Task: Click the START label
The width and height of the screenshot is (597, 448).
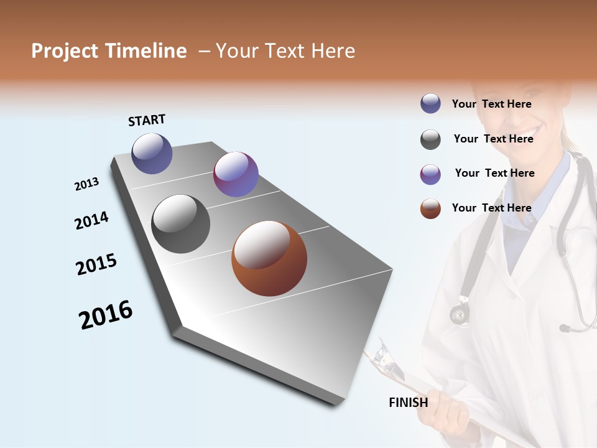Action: tap(147, 120)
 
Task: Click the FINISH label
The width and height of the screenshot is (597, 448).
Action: tap(409, 403)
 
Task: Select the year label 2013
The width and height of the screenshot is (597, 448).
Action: tap(86, 184)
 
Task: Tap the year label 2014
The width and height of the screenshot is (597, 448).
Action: tap(91, 221)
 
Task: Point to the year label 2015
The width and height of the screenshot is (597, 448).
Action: tap(96, 264)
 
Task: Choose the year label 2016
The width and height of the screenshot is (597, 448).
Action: tap(106, 315)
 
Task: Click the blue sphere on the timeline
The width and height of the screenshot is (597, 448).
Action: tap(152, 154)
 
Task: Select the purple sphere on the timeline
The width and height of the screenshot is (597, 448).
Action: tap(236, 174)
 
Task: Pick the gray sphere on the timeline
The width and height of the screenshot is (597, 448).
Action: tap(180, 224)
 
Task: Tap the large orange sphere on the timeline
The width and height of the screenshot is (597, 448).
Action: tap(269, 259)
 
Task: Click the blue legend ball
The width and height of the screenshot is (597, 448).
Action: tap(430, 104)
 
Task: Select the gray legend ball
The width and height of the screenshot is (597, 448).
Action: tap(430, 139)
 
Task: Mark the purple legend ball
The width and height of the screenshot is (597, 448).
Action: tap(430, 174)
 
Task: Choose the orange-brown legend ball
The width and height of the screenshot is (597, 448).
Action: tap(430, 208)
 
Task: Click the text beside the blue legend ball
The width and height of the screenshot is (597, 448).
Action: tap(491, 105)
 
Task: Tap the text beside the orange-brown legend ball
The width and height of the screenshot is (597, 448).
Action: tap(491, 208)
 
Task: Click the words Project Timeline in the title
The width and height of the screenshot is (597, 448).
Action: tap(109, 51)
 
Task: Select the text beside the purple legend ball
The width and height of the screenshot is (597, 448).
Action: tap(494, 173)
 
